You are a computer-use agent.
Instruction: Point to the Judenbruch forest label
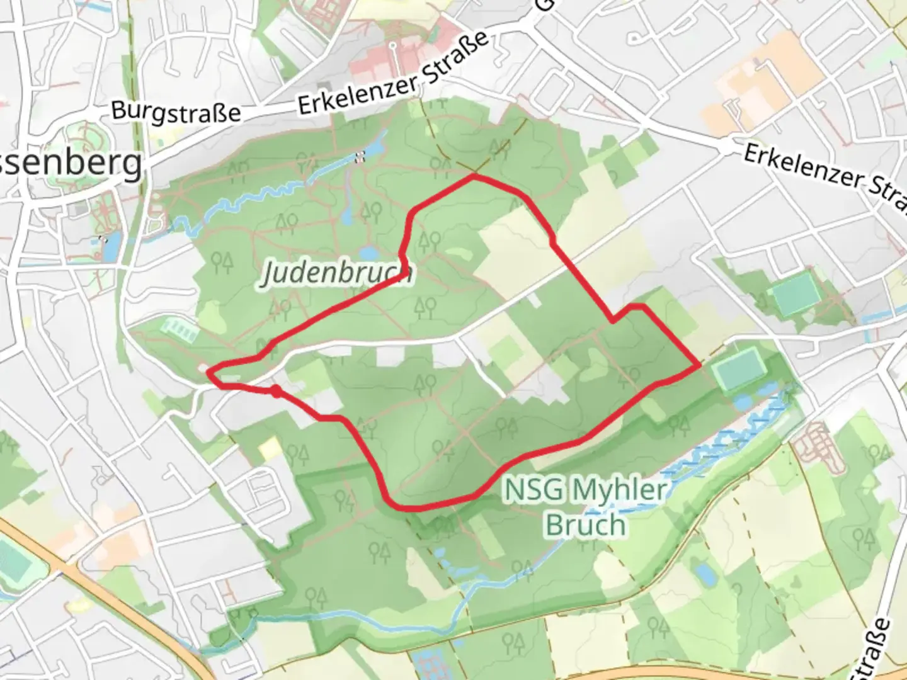[x=337, y=273]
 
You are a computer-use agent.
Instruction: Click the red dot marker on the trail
[x=276, y=392]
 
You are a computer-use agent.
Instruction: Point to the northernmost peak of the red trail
[x=474, y=177]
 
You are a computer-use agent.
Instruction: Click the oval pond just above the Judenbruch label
[x=368, y=254]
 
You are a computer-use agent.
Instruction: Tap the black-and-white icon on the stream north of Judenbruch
[x=360, y=157]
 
